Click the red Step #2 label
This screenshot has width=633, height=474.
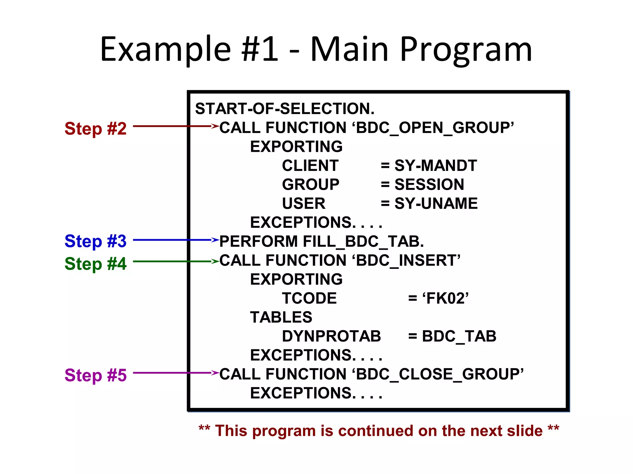96,128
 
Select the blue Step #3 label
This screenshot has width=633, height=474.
96,241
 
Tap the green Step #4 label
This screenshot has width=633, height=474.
96,264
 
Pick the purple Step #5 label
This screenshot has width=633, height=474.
96,375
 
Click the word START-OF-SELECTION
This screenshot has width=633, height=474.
285,109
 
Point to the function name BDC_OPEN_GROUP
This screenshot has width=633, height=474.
435,128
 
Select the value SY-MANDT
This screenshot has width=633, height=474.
435,166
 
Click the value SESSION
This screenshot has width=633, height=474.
429,185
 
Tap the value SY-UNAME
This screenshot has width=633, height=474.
436,203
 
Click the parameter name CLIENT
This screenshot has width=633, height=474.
310,166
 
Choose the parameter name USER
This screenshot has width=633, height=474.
304,203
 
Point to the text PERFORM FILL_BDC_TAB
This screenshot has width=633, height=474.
321,241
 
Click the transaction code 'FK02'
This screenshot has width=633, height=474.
445,298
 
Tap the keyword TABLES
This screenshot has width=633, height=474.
281,317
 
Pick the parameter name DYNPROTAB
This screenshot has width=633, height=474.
331,336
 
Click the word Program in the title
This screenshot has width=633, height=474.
466,49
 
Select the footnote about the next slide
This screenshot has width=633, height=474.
379,430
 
